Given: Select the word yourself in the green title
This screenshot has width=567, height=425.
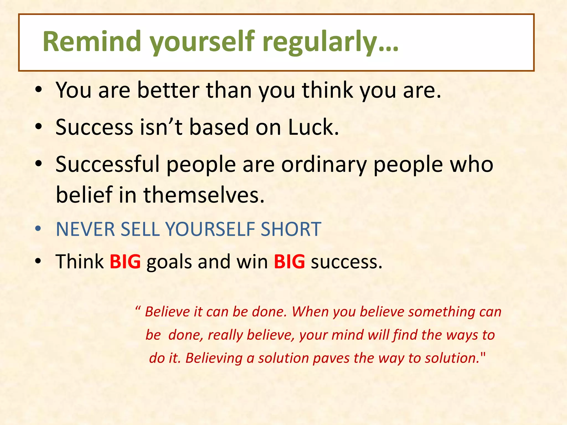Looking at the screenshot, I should coord(202,42).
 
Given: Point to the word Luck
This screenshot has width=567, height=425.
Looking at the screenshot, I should coord(313,127).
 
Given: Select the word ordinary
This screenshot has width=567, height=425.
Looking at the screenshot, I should coord(324,165).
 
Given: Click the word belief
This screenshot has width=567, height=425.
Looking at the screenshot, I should coord(84,195).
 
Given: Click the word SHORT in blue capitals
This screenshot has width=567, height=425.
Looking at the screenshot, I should coord(291,229).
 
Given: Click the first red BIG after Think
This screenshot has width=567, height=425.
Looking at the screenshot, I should coord(125,261).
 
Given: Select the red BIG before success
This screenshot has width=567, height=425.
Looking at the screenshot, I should coord(289,261).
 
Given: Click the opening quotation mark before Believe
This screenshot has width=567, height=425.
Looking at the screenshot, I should coord(138,308).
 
